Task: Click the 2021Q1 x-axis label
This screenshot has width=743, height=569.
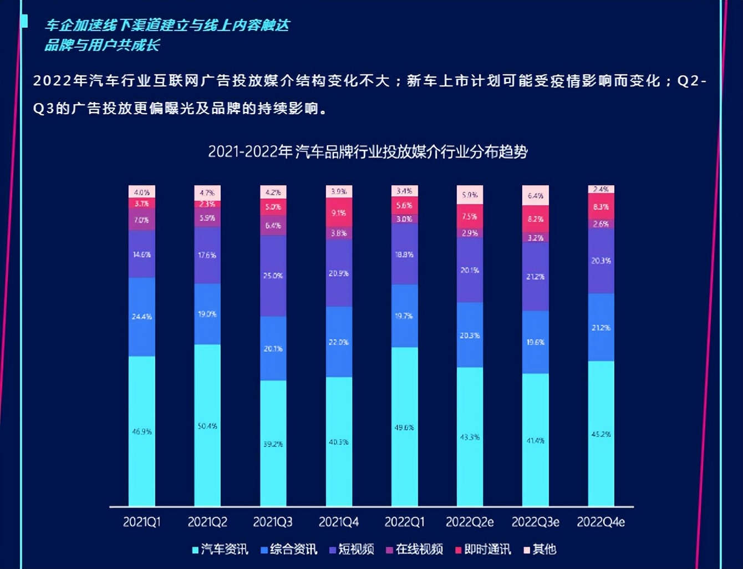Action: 141,522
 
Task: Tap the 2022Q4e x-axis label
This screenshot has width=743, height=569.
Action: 600,522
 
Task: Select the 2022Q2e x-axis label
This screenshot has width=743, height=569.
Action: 469,522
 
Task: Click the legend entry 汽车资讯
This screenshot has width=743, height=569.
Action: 220,549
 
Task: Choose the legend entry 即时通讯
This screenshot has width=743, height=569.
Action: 482,549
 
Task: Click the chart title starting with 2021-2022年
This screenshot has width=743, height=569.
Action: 368,151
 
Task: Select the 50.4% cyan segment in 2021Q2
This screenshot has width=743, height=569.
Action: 207,425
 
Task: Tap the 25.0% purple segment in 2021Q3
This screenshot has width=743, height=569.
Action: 273,276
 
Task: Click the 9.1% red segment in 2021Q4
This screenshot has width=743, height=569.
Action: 339,212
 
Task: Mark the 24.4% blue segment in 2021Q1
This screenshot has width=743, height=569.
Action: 141,317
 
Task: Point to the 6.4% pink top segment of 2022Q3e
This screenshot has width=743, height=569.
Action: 535,195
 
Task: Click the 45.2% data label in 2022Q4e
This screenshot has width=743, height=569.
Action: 600,434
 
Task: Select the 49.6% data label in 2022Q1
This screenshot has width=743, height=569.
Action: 404,428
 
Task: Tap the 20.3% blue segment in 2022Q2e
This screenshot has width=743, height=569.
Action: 470,335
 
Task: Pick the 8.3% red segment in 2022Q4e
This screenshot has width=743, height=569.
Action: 600,206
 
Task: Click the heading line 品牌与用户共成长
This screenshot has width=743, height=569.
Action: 102,45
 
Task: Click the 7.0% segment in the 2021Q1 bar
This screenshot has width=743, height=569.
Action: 141,220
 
